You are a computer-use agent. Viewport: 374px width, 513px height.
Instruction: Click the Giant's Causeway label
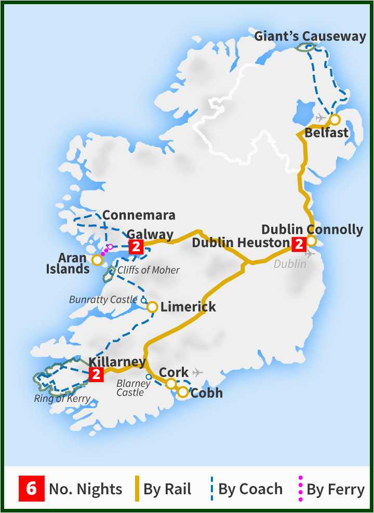[310, 36]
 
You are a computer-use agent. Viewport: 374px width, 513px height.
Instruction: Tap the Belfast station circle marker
[335, 120]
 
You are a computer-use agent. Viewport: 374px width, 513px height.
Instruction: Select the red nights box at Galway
[136, 247]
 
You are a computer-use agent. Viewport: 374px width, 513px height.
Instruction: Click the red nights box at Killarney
[96, 374]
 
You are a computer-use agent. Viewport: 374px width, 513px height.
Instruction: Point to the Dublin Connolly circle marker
[311, 240]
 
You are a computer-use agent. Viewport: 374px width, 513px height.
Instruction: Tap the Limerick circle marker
[152, 307]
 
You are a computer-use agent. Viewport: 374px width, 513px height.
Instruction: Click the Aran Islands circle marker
[97, 260]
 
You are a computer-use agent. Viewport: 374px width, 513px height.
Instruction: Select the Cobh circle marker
[183, 393]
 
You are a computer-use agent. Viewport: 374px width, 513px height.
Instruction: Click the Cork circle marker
[171, 384]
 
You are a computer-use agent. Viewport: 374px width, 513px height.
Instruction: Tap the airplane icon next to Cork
[197, 372]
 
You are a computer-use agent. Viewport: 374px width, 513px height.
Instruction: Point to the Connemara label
[139, 215]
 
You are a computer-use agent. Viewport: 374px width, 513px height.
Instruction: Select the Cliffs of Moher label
[149, 270]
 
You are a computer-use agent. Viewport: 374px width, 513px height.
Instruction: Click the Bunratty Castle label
[103, 300]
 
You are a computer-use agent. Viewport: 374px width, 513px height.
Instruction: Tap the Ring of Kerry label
[62, 399]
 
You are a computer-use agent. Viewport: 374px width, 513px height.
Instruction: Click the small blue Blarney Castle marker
[149, 376]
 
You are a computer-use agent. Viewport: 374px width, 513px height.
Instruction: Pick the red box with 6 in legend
[32, 489]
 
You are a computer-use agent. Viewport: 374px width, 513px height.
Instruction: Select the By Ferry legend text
[336, 489]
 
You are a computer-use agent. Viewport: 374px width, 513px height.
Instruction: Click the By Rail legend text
[167, 489]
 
